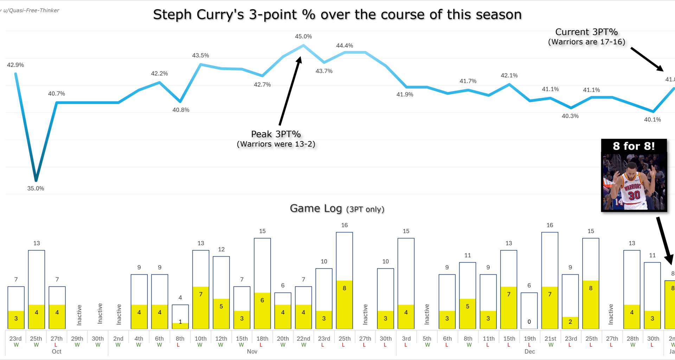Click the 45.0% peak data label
tap(303, 37)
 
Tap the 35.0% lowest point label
tap(36, 188)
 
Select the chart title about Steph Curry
tap(337, 15)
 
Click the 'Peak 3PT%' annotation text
tap(276, 134)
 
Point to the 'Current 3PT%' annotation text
tap(586, 32)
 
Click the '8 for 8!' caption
tap(634, 146)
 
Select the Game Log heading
tap(316, 208)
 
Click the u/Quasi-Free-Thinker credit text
tap(31, 11)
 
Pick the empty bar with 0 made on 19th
tap(529, 310)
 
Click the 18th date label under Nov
tap(262, 339)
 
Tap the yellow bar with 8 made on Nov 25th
tap(345, 304)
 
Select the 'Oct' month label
tap(56, 352)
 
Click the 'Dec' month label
tap(529, 352)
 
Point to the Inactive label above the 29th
tap(79, 315)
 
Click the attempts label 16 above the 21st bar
tap(550, 225)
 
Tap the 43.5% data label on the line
tap(200, 56)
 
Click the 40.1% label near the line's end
tap(652, 120)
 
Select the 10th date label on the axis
tap(200, 339)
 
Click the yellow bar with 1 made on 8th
tap(180, 326)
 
